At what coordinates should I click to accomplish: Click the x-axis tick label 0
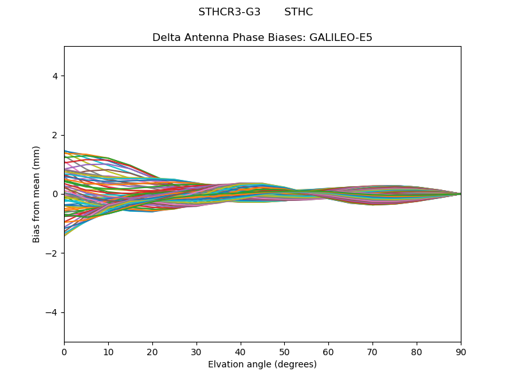click(x=64, y=351)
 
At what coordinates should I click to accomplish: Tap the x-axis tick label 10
click(x=108, y=351)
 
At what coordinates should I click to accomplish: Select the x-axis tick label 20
click(x=152, y=351)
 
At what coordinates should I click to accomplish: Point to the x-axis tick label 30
click(x=196, y=351)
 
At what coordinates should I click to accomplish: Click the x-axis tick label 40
click(x=241, y=351)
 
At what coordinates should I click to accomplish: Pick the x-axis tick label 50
click(x=284, y=351)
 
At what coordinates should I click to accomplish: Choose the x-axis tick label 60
click(x=328, y=351)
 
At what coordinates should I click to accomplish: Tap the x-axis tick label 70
click(x=372, y=351)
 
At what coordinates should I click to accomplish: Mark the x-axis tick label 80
click(x=417, y=351)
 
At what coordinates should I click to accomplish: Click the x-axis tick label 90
click(x=461, y=351)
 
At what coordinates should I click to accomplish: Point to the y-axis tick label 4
click(x=55, y=76)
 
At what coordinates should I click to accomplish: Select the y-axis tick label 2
click(x=55, y=135)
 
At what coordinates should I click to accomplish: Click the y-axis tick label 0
click(x=55, y=194)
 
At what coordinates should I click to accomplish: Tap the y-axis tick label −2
click(x=52, y=253)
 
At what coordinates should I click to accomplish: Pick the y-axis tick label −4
click(x=52, y=312)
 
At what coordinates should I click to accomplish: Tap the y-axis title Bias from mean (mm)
click(x=37, y=194)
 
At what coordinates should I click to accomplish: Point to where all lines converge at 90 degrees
click(x=460, y=194)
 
